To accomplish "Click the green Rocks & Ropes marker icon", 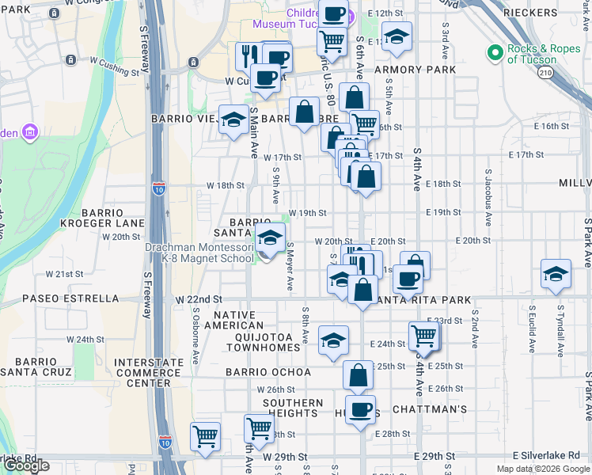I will (495, 53).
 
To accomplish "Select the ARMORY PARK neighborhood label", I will (415, 70).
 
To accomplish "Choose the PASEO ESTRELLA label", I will (70, 299).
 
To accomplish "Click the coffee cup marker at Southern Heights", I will (360, 409).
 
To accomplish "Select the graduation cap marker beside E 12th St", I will (397, 36).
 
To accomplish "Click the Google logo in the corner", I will (26, 465).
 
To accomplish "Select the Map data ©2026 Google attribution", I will (542, 469).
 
